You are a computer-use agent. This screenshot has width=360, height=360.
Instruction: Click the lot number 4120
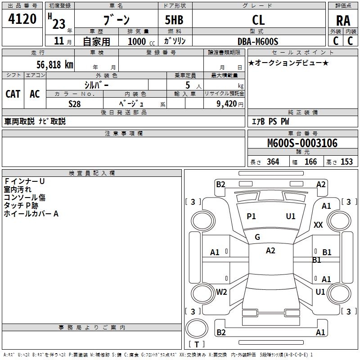tap(22, 19)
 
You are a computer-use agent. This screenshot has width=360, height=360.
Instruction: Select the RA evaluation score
tap(343, 21)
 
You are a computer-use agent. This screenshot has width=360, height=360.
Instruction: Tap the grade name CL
tap(259, 20)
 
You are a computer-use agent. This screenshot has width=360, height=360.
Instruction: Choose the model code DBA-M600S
tap(258, 41)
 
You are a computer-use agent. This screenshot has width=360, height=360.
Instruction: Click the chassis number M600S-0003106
tap(302, 144)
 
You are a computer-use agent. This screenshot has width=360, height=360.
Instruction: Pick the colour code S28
tap(75, 103)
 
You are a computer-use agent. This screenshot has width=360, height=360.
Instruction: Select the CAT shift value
tap(13, 94)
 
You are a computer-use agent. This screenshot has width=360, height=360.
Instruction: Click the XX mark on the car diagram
tap(318, 225)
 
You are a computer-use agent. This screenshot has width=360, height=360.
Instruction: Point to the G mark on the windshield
tap(257, 237)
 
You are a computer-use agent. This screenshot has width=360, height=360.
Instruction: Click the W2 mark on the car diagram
tap(221, 292)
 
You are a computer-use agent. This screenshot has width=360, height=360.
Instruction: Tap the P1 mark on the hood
tap(251, 216)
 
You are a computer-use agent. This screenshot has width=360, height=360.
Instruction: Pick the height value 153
tap(346, 162)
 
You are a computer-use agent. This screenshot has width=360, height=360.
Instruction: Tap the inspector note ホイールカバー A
tap(31, 214)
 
